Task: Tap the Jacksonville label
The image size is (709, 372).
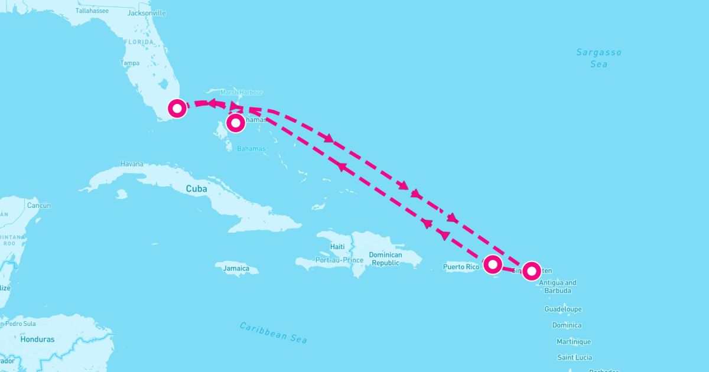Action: [146, 13]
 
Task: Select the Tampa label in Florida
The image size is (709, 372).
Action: [130, 63]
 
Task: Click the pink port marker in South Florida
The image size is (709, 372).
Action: [177, 108]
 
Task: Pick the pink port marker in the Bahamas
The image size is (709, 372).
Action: [236, 123]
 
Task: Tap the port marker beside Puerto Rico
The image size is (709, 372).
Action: [493, 263]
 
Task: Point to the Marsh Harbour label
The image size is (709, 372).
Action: [241, 93]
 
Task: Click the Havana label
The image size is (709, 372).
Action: [131, 164]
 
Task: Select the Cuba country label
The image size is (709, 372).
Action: [197, 189]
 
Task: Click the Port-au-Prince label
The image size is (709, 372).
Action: [339, 260]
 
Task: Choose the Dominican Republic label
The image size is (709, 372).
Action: [385, 259]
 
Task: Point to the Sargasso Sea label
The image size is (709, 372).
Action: [599, 58]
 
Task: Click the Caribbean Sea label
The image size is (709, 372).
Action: [274, 332]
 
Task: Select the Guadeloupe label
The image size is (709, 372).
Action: [563, 309]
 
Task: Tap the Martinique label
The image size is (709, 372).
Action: [574, 342]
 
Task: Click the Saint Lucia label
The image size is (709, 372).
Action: [575, 357]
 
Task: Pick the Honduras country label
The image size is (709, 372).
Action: [37, 340]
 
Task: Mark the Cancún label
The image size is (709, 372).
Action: [39, 205]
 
